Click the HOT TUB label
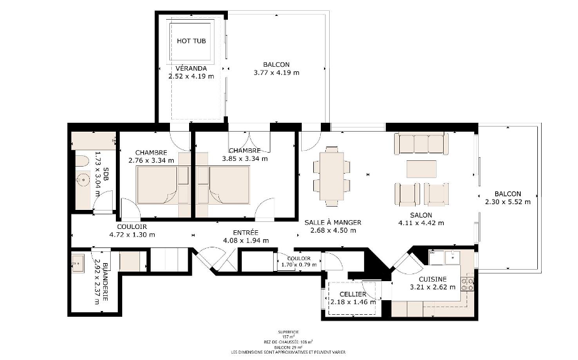[191, 41]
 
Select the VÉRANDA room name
[190, 68]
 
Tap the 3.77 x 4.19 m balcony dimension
[276, 73]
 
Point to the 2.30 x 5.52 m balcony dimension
[507, 202]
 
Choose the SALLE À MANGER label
[333, 223]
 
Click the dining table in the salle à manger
[331, 175]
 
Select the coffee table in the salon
[421, 169]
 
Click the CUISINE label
[432, 279]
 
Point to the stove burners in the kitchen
[470, 282]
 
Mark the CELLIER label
[353, 294]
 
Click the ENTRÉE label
[245, 233]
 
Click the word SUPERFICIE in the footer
[288, 332]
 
